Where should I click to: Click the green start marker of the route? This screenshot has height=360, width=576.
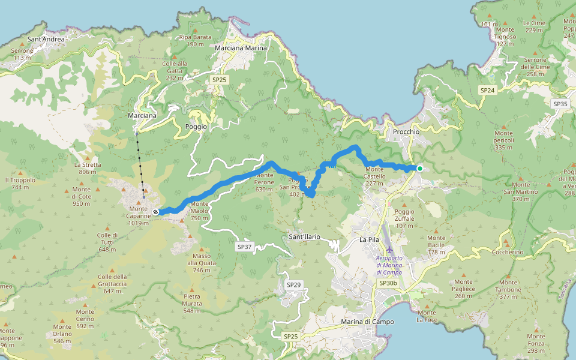coord(420,169)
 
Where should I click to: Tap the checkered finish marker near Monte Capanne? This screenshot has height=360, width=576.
coord(155,212)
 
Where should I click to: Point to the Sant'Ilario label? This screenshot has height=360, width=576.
coord(304,237)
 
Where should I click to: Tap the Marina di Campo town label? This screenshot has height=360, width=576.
coord(367,322)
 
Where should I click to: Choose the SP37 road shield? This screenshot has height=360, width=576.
coord(244,247)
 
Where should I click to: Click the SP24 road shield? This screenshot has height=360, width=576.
coord(487,90)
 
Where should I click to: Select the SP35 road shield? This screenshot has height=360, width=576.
coord(560,104)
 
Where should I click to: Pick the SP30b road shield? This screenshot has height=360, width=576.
coord(388,283)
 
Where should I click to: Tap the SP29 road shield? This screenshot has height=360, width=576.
coord(293,284)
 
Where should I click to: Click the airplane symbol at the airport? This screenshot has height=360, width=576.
coord(389,249)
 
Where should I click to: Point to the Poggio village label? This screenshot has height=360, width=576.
coord(196,127)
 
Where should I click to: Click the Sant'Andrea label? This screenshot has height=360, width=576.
coord(46,40)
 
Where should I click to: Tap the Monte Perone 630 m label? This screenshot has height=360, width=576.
coord(264,185)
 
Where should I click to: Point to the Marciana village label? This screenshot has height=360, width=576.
coord(142,115)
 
